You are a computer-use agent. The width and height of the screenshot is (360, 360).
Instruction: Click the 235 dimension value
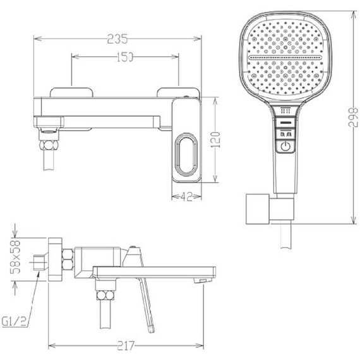(117, 39)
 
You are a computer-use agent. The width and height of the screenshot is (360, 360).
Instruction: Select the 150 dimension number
(125, 57)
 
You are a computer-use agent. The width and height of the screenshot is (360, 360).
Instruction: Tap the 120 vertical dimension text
(215, 140)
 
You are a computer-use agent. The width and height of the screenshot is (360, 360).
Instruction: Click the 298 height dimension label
(353, 117)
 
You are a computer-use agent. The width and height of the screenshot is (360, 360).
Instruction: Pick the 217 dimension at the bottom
(126, 345)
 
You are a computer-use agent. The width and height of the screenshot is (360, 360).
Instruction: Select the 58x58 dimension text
(15, 257)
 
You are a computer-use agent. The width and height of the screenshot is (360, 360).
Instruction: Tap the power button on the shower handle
(285, 147)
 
